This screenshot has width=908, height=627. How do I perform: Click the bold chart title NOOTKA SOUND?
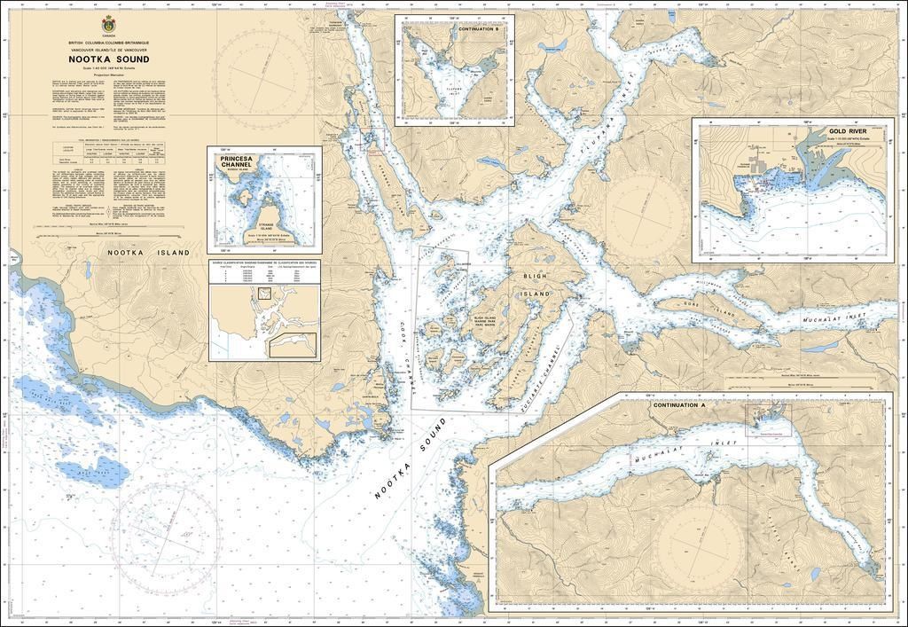coord(108,60)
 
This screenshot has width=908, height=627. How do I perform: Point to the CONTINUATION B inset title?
coord(483,28)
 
